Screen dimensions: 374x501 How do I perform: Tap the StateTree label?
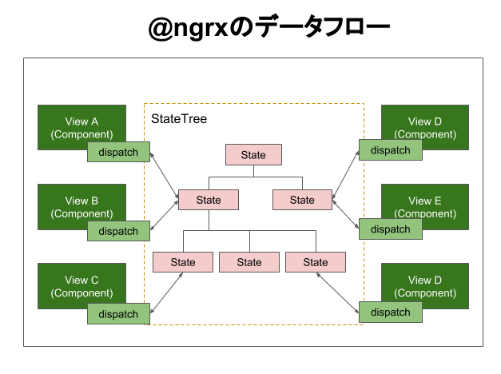coord(179,119)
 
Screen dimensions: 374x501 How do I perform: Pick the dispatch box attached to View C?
coord(118,313)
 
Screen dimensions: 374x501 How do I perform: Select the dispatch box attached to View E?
coord(390,229)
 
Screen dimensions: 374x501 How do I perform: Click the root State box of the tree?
coord(253,155)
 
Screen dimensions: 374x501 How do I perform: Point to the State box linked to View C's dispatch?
coord(183,262)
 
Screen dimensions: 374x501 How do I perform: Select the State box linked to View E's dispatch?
coord(302,200)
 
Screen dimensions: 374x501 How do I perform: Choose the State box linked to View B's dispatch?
coord(209,200)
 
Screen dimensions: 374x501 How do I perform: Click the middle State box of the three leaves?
coord(249,262)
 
